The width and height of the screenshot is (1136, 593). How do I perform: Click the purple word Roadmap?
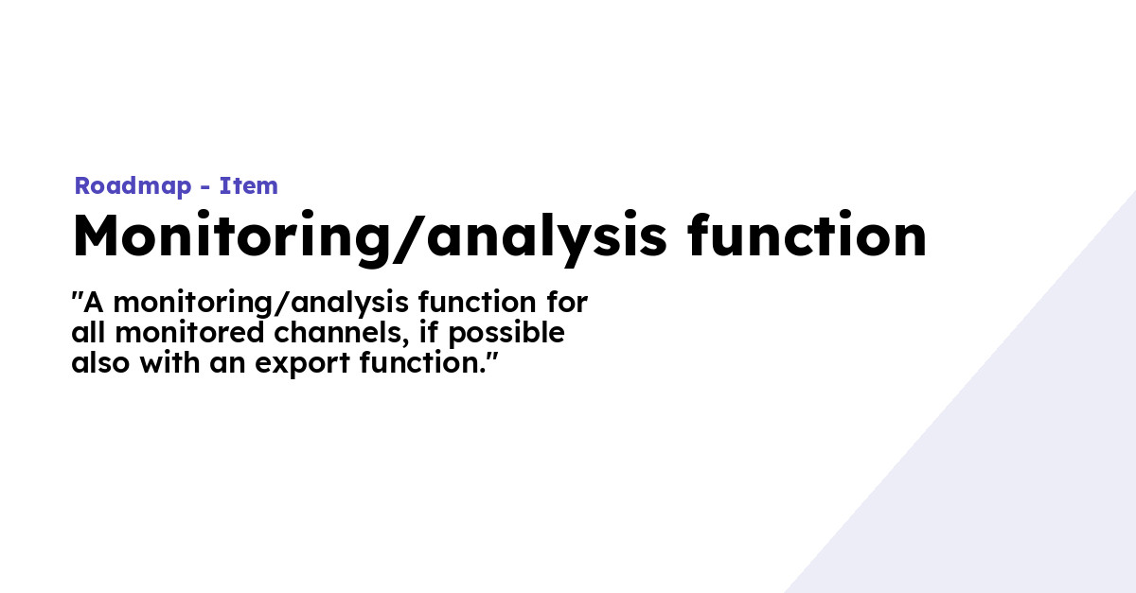pos(133,186)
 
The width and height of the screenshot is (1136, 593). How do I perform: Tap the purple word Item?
pos(248,185)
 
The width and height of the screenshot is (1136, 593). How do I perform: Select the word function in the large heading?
pos(807,235)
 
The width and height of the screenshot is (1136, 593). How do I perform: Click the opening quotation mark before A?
pos(77,295)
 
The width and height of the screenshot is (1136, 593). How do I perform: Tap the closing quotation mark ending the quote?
pos(492,357)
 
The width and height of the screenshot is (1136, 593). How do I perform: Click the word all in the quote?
pos(89,333)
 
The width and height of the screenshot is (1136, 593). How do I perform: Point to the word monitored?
pos(189,333)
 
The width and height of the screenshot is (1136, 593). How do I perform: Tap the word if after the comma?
pos(429,333)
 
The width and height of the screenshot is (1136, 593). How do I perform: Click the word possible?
pos(506,335)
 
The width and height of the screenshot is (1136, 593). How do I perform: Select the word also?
pos(100,363)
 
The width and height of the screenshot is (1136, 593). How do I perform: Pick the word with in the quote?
pos(169,363)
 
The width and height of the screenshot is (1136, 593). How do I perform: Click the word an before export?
pos(228,365)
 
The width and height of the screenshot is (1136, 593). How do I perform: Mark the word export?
pos(302,365)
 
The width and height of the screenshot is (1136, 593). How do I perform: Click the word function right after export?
pos(423,363)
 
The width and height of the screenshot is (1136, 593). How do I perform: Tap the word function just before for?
pos(477,302)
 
